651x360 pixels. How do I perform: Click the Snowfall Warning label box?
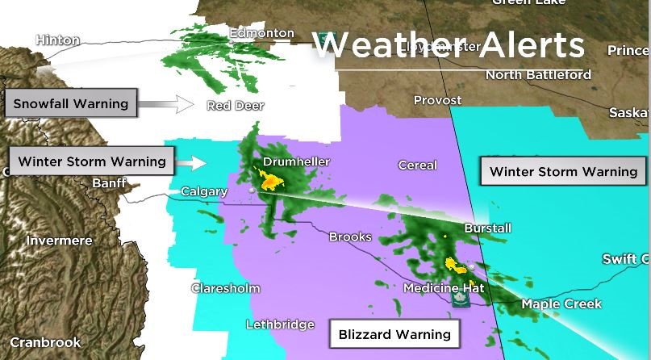pyautogui.click(x=70, y=104)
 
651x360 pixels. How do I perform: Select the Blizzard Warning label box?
pyautogui.click(x=394, y=333)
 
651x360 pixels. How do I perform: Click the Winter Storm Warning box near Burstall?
pyautogui.click(x=563, y=172)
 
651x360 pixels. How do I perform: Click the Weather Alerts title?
pyautogui.click(x=448, y=45)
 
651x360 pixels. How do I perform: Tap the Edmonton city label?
pyautogui.click(x=261, y=33)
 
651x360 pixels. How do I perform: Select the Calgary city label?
pyautogui.click(x=201, y=192)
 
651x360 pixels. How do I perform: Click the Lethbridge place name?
pyautogui.click(x=279, y=324)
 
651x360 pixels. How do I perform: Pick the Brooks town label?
pyautogui.click(x=350, y=237)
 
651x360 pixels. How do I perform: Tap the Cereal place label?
pyautogui.click(x=417, y=165)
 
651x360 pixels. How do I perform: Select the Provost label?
pyautogui.click(x=437, y=101)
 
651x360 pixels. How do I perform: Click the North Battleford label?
pyautogui.click(x=538, y=75)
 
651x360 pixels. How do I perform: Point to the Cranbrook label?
pyautogui.click(x=45, y=343)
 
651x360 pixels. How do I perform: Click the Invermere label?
pyautogui.click(x=59, y=241)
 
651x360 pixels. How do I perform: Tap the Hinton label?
pyautogui.click(x=57, y=40)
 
